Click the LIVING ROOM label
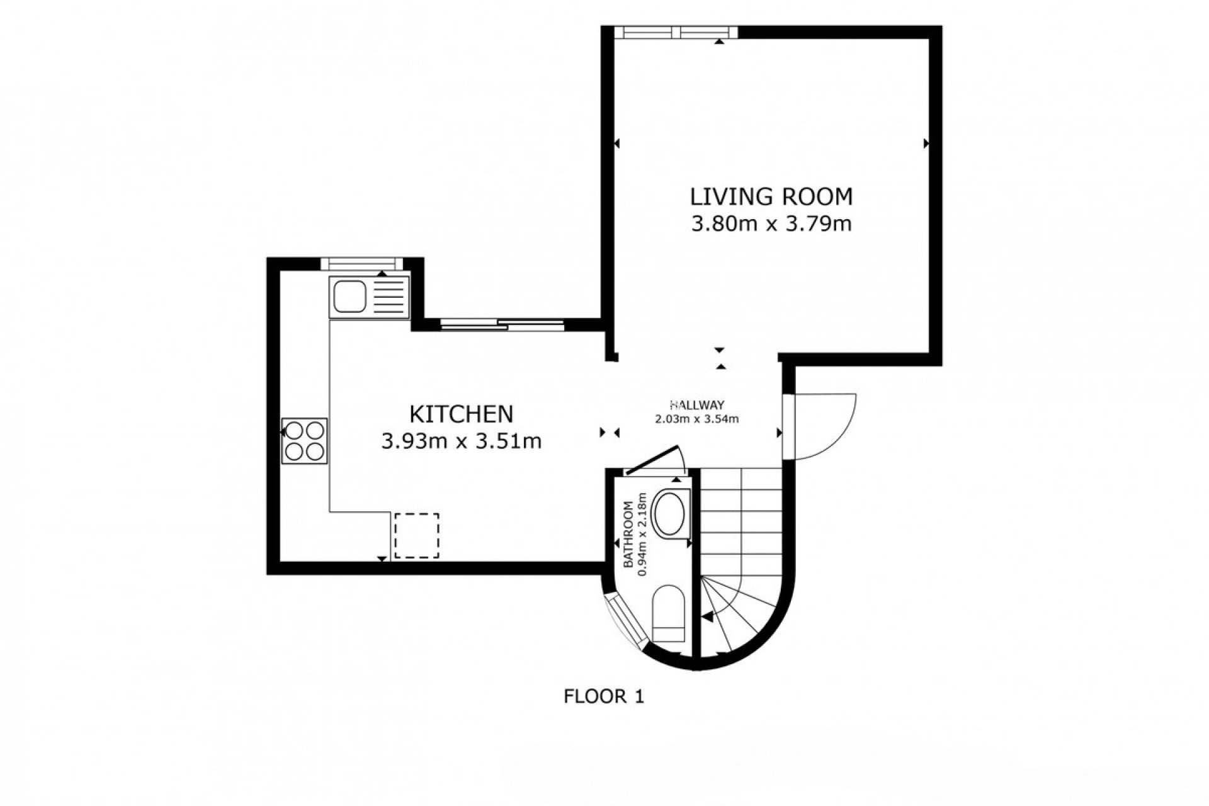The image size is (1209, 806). (x=771, y=197)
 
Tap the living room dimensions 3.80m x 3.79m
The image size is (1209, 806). (x=771, y=224)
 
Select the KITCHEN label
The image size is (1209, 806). (x=462, y=414)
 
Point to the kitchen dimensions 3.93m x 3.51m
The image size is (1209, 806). (x=462, y=441)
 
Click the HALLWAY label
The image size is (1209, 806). (x=697, y=405)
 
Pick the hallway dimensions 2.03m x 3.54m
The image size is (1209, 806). (x=697, y=419)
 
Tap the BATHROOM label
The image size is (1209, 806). (x=628, y=535)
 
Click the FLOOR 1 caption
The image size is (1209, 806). (x=604, y=696)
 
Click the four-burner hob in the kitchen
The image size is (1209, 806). (x=305, y=441)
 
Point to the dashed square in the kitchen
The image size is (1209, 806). (x=417, y=535)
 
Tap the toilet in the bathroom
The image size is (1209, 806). (x=668, y=614)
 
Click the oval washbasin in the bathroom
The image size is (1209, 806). (x=671, y=514)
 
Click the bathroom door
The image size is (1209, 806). (x=651, y=459)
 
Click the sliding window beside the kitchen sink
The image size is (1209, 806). (x=502, y=325)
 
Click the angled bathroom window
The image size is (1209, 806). (x=627, y=622)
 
